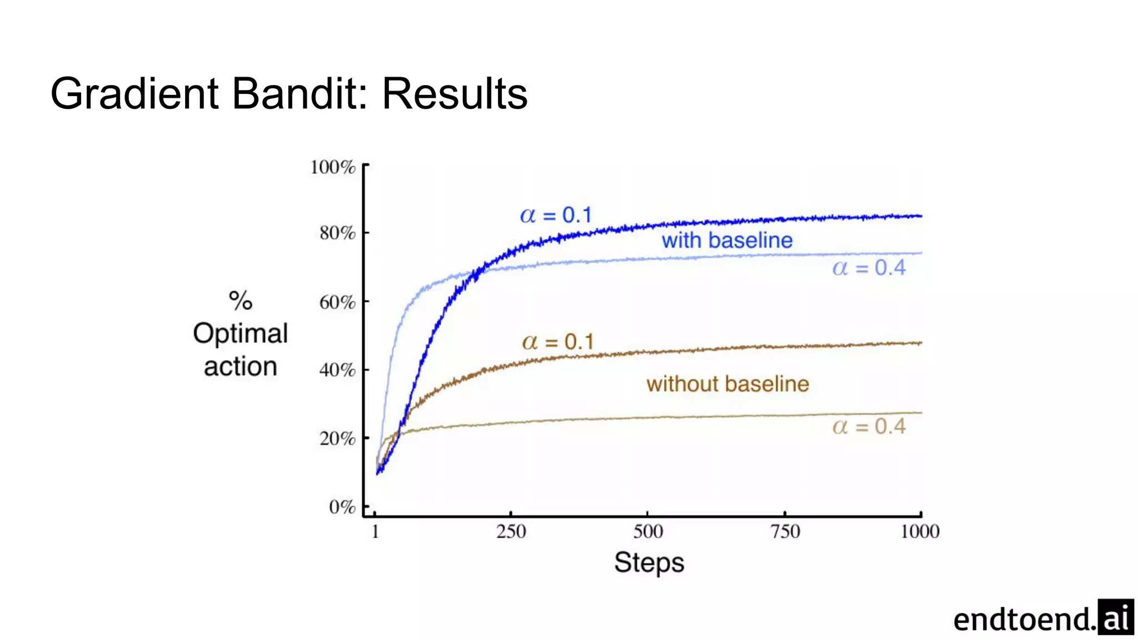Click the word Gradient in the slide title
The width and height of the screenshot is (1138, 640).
[134, 93]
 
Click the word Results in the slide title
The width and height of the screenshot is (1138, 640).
[455, 93]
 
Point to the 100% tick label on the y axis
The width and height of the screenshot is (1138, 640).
[333, 167]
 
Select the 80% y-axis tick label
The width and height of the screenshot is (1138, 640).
[337, 233]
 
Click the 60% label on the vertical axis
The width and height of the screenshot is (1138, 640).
[337, 302]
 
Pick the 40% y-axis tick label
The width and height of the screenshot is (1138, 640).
[337, 370]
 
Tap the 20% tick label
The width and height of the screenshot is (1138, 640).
[337, 439]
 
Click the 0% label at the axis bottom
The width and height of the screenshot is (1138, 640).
[342, 507]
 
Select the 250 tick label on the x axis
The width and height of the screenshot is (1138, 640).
[511, 532]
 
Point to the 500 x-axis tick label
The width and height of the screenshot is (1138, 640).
[648, 532]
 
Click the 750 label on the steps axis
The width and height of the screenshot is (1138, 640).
[785, 532]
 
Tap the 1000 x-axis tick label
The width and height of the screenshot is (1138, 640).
[920, 532]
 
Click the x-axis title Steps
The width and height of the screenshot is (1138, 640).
[648, 563]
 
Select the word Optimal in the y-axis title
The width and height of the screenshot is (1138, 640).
[240, 334]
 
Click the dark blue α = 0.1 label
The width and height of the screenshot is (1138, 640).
[556, 215]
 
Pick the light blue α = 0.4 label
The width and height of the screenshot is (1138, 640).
[869, 268]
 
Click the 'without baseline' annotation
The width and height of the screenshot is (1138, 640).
[727, 384]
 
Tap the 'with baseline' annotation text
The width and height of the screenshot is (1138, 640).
[727, 241]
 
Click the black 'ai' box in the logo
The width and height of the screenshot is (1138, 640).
[1115, 617]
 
